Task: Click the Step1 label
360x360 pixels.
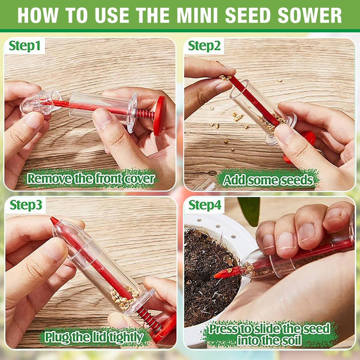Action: point(25,46)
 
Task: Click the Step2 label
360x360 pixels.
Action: point(204,46)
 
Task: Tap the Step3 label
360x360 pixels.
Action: point(25,205)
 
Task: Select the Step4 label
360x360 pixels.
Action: point(204,205)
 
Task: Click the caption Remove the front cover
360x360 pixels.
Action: point(91,179)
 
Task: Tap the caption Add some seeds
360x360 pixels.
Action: point(268,180)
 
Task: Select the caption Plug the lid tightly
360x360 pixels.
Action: point(94,337)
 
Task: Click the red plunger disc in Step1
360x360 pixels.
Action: point(159,115)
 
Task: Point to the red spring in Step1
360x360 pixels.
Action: point(145,114)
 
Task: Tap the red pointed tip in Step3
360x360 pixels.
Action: point(54,221)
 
